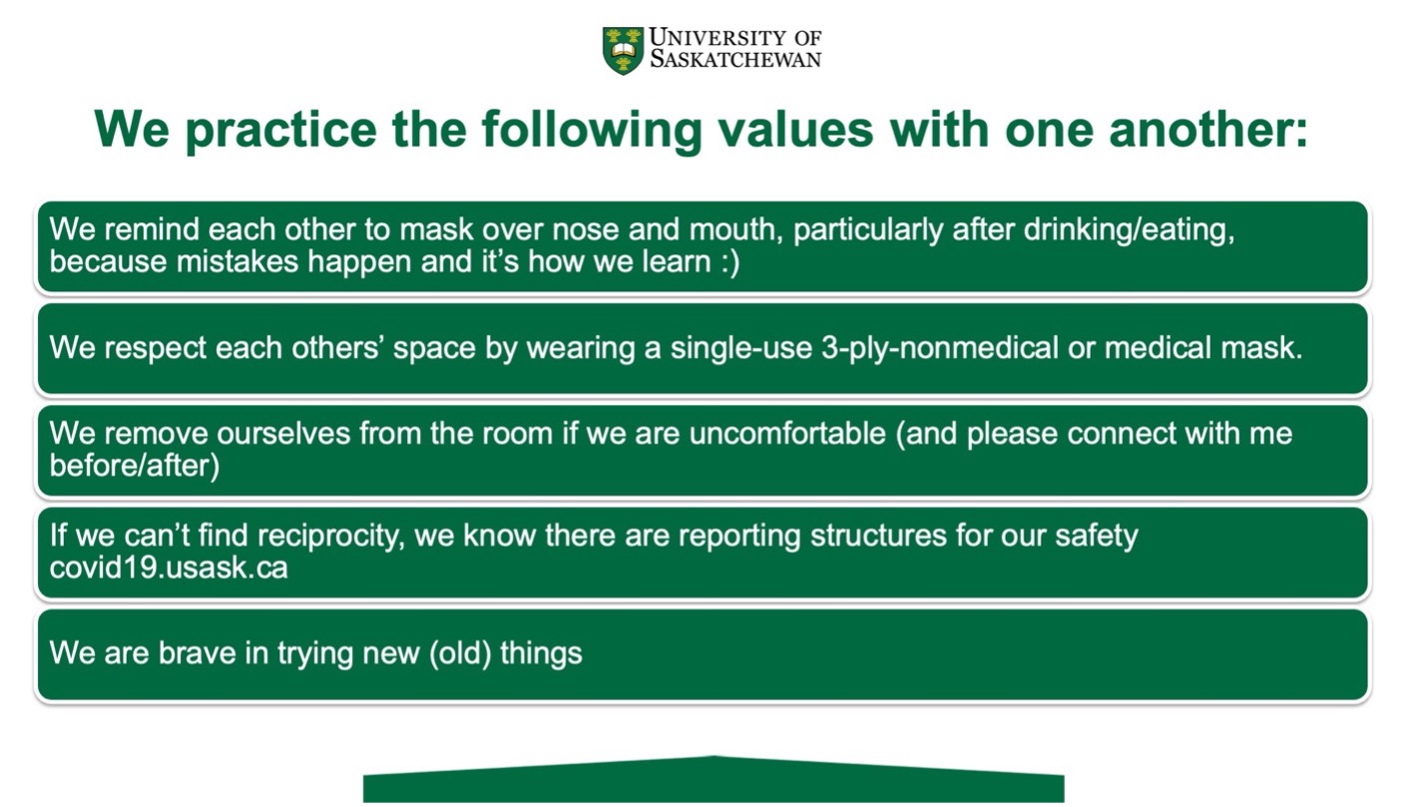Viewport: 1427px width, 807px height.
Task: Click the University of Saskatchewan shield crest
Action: [x=624, y=50]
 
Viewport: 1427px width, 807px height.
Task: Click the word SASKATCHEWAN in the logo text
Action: [x=735, y=60]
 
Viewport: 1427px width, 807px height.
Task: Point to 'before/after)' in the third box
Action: [x=134, y=467]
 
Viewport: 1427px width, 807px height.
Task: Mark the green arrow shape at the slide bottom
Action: [x=713, y=780]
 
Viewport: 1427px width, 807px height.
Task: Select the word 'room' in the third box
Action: [x=513, y=434]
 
